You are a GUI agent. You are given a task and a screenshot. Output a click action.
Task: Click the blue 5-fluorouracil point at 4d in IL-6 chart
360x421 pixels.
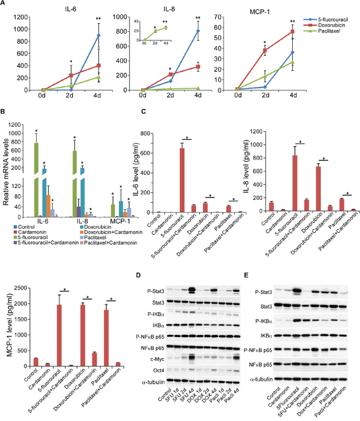click(x=98, y=35)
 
